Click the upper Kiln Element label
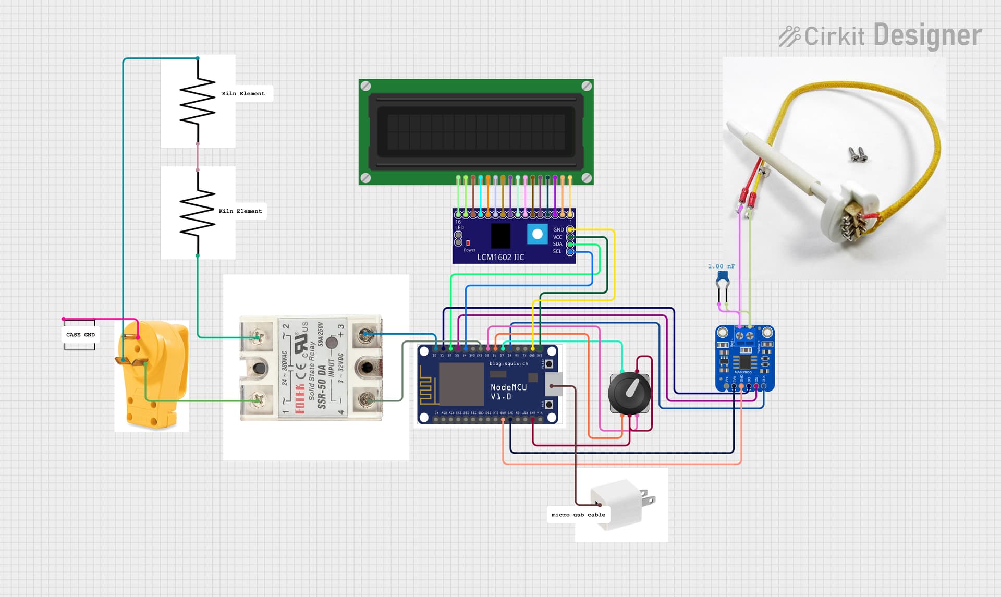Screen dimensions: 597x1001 (x=243, y=94)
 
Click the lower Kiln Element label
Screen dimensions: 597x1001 (x=240, y=211)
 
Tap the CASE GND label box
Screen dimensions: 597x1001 (x=80, y=335)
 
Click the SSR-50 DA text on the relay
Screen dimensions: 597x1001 (x=322, y=386)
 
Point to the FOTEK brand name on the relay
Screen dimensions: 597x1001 (x=300, y=399)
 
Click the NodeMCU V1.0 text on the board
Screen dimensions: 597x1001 (x=508, y=392)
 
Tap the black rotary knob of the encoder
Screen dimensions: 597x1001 (x=630, y=393)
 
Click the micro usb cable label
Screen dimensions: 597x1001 (x=578, y=515)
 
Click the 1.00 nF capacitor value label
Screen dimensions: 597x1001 (x=721, y=266)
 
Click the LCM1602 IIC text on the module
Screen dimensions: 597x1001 (x=500, y=257)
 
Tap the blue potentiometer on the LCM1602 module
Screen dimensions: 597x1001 (x=537, y=234)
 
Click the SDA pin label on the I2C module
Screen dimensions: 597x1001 (x=557, y=244)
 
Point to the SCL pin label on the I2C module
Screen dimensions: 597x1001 (x=557, y=251)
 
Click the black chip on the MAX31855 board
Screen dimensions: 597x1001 (x=744, y=361)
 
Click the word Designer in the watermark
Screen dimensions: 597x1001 (x=927, y=35)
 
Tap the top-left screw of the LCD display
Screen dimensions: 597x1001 (x=366, y=86)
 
